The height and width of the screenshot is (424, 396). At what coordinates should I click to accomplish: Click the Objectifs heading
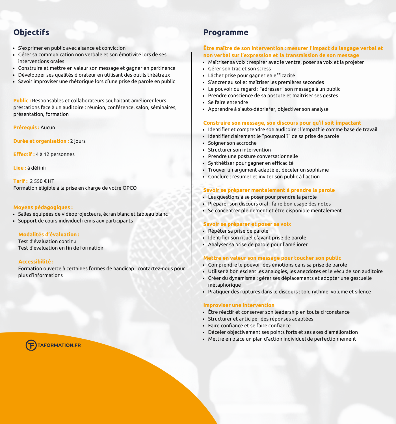point(31,32)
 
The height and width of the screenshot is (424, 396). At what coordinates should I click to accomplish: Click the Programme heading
point(226,32)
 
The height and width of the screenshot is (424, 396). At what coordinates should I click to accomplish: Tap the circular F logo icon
point(31,345)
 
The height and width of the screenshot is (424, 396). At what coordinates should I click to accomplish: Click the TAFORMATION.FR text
point(59,345)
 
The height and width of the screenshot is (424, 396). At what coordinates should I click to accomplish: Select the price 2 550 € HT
point(42,181)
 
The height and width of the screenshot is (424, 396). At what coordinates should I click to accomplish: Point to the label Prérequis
point(26,127)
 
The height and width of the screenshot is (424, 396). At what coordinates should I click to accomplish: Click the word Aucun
point(48,127)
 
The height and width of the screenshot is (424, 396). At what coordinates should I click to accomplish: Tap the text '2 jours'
point(78,141)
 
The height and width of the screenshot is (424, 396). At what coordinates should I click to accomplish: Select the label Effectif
point(24,154)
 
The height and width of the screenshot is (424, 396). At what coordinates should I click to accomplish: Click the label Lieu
point(20,168)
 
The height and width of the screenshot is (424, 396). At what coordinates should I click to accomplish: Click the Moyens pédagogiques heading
point(43,207)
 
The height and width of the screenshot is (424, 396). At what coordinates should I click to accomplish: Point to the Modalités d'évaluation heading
point(49,235)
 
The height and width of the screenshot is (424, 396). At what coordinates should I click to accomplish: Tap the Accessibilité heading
point(36,262)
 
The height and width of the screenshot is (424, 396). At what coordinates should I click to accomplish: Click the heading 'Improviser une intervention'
point(239,305)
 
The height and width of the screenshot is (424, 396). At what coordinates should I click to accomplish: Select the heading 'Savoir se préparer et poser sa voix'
point(247,224)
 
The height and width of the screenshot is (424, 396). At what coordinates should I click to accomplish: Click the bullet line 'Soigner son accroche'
point(232,143)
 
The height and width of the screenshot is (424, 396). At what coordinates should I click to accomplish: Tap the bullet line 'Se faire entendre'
point(228,102)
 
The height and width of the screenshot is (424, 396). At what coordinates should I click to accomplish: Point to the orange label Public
point(22,101)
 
